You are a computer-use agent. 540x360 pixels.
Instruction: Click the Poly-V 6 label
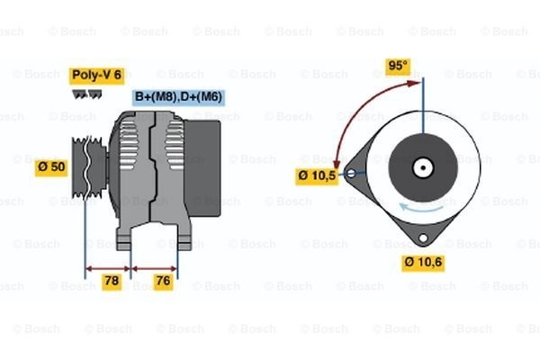pyautogui.click(x=97, y=76)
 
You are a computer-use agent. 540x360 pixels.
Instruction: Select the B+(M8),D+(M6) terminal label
pyautogui.click(x=179, y=97)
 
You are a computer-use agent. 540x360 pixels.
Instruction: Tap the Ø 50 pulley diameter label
pyautogui.click(x=51, y=167)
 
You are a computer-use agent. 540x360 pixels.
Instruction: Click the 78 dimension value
pyautogui.click(x=112, y=281)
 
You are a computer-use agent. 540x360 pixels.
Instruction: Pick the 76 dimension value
pyautogui.click(x=163, y=281)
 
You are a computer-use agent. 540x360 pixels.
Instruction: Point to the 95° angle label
pyautogui.click(x=398, y=66)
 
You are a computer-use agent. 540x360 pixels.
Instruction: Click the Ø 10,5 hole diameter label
pyautogui.click(x=317, y=176)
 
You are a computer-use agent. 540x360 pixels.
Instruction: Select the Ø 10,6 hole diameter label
pyautogui.click(x=423, y=263)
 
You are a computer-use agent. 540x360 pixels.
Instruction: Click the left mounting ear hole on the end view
pyautogui.click(x=351, y=173)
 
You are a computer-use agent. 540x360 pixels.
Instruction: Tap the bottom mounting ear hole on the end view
pyautogui.click(x=423, y=238)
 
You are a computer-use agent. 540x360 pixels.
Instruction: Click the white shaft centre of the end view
pyautogui.click(x=423, y=168)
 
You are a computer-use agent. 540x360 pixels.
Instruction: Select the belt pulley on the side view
pyautogui.click(x=89, y=167)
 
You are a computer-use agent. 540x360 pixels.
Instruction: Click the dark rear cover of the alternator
pyautogui.click(x=202, y=168)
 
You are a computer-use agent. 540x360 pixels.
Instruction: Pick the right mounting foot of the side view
pyautogui.click(x=184, y=237)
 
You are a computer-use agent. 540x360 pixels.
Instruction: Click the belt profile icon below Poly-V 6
pyautogui.click(x=86, y=94)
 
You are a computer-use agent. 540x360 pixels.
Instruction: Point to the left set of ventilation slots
pyautogui.click(x=128, y=144)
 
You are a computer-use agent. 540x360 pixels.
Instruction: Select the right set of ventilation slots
pyautogui.click(x=175, y=146)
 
